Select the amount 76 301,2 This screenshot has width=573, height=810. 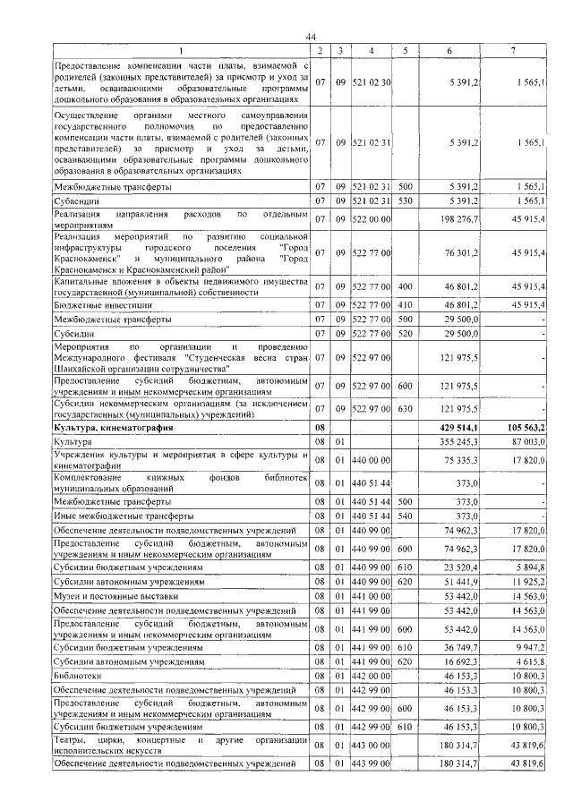pyautogui.click(x=462, y=253)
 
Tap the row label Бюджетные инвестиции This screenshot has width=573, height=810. pyautogui.click(x=99, y=304)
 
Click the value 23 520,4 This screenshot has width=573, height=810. pyautogui.click(x=462, y=567)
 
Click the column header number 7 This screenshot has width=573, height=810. pyautogui.click(x=513, y=50)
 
